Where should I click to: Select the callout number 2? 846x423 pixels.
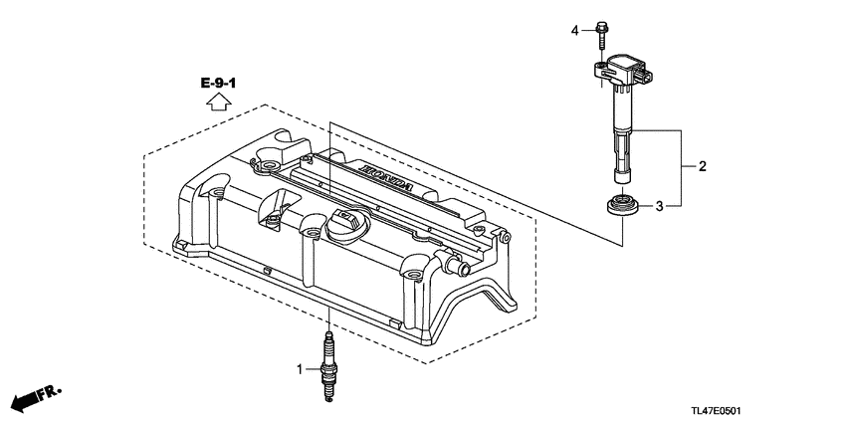point(701,167)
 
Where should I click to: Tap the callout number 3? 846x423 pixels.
point(658,206)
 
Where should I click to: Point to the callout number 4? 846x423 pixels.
point(574,31)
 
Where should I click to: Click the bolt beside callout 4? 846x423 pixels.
point(604,35)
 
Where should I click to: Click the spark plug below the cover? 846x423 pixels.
point(326,368)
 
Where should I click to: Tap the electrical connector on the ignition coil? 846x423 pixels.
point(645,73)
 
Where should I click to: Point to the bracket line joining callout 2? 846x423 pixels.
point(681,167)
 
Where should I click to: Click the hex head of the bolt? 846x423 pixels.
point(604,26)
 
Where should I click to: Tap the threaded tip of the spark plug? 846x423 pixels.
point(326,394)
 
